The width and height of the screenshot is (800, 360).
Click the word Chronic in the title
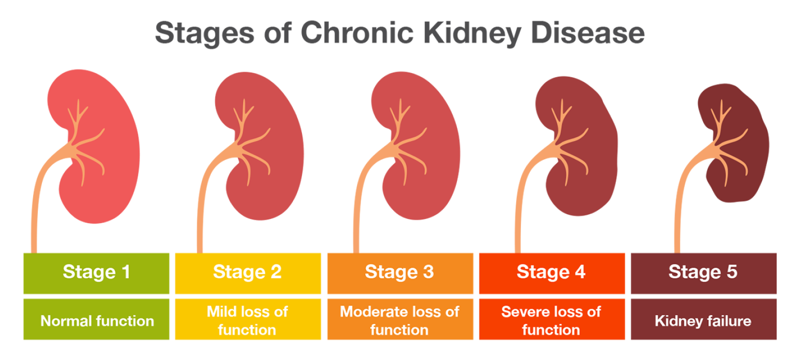(357, 33)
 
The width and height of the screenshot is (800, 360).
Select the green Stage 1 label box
(96, 272)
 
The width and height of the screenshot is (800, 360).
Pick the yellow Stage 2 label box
(247, 272)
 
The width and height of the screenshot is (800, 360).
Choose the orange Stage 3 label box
(399, 272)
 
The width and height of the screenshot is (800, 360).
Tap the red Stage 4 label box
(551, 272)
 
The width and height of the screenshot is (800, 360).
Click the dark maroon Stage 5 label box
(703, 272)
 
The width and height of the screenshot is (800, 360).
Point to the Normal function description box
(96, 320)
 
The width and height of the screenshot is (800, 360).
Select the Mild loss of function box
(247, 320)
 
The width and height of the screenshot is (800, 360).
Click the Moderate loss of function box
(399, 320)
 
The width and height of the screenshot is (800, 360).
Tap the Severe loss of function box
(551, 320)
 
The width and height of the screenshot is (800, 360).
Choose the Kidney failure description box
(703, 320)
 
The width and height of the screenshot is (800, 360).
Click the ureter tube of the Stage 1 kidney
(34, 218)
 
